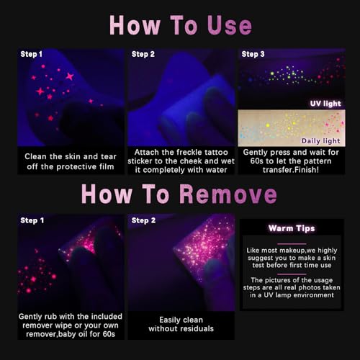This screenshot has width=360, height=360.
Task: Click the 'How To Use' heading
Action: [181, 25]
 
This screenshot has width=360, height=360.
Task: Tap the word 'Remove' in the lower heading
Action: [228, 194]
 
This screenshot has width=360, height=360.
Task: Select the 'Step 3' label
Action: [253, 54]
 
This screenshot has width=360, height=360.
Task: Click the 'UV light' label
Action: [325, 104]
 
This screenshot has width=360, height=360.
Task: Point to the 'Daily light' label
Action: [321, 140]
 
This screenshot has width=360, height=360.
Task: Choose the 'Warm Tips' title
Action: [292, 228]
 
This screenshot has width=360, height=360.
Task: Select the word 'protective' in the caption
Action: [76, 167]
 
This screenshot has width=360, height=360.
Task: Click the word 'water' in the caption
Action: [216, 170]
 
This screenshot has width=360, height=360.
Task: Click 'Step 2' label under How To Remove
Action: [143, 220]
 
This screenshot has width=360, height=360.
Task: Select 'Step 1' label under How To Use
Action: [31, 54]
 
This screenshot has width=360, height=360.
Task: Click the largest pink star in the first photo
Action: [70, 76]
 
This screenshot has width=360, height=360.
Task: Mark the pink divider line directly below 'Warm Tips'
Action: [292, 244]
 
